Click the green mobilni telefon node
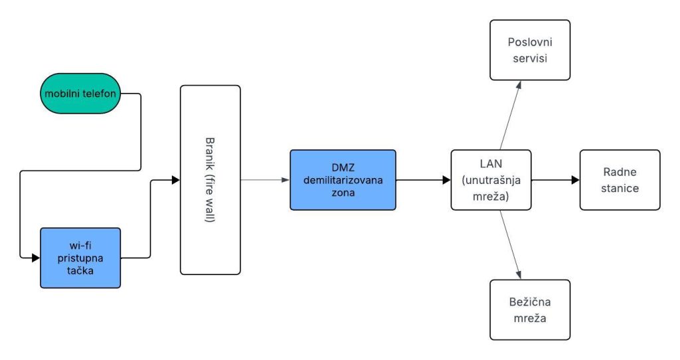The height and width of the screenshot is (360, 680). [x=80, y=93]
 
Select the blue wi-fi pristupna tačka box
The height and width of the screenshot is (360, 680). [x=80, y=258]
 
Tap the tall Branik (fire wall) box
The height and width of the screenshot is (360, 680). [x=211, y=179]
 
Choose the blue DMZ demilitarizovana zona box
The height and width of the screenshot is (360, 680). [x=343, y=180]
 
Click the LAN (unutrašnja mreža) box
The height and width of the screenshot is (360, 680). [x=491, y=180]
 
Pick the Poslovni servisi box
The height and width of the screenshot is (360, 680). [x=530, y=50]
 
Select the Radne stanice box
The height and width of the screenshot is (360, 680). [x=620, y=180]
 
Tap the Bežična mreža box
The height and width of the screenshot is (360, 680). [x=530, y=310]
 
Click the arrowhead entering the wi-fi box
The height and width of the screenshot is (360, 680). [x=36, y=258]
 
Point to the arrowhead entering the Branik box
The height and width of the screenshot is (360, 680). [x=175, y=180]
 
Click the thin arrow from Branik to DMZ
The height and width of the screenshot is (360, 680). [x=265, y=180]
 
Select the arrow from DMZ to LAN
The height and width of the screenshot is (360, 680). [x=423, y=180]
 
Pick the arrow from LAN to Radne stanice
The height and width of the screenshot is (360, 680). [x=556, y=180]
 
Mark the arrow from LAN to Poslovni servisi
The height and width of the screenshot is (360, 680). [x=511, y=115]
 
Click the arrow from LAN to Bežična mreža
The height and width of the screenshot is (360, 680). [x=511, y=244]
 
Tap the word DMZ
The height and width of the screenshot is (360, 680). [x=343, y=167]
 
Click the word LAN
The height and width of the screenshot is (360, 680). [x=491, y=163]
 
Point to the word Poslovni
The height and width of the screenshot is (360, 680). [x=530, y=42]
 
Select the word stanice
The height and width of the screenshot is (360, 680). [x=620, y=188]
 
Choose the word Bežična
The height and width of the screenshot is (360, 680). [x=530, y=302]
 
